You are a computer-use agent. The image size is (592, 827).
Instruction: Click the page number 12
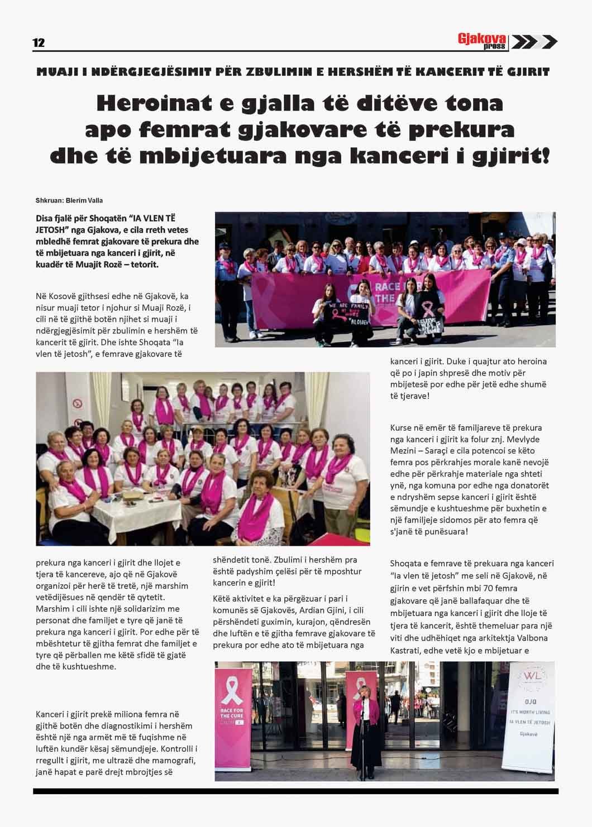click(x=39, y=43)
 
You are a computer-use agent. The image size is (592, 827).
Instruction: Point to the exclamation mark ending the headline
click(x=545, y=155)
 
